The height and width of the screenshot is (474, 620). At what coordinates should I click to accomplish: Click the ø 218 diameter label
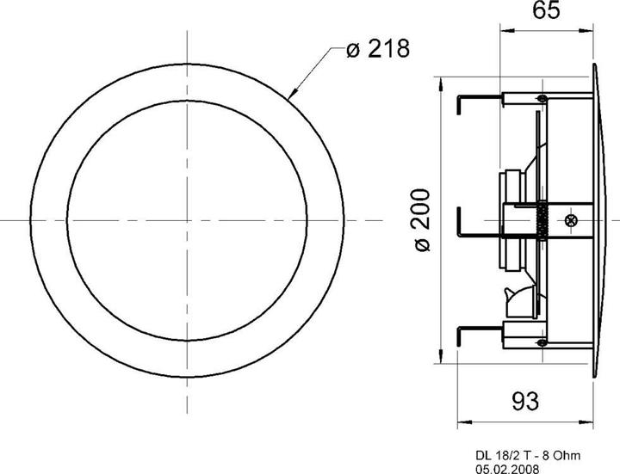[377, 50]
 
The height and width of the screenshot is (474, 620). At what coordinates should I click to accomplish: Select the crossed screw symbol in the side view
[571, 220]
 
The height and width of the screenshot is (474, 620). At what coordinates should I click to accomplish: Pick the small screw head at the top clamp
[541, 101]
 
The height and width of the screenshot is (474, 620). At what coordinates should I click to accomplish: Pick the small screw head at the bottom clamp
[541, 343]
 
